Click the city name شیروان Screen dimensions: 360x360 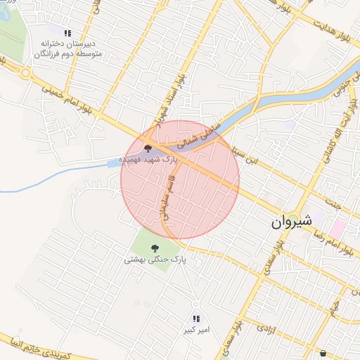pyautogui.click(x=291, y=223)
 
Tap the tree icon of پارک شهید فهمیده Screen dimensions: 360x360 pyautogui.click(x=148, y=148)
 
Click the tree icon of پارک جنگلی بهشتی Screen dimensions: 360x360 pyautogui.click(x=154, y=247)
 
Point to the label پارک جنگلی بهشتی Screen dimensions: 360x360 pyautogui.click(x=154, y=259)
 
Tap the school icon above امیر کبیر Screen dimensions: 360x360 pyautogui.click(x=196, y=319)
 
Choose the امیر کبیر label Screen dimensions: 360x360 pyautogui.click(x=196, y=330)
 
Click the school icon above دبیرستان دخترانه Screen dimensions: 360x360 pyautogui.click(x=67, y=33)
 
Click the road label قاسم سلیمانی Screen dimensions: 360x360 pyautogui.click(x=168, y=200)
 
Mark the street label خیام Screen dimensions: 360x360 pyautogui.click(x=336, y=304)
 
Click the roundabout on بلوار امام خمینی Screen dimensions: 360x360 pyautogui.click(x=25, y=72)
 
